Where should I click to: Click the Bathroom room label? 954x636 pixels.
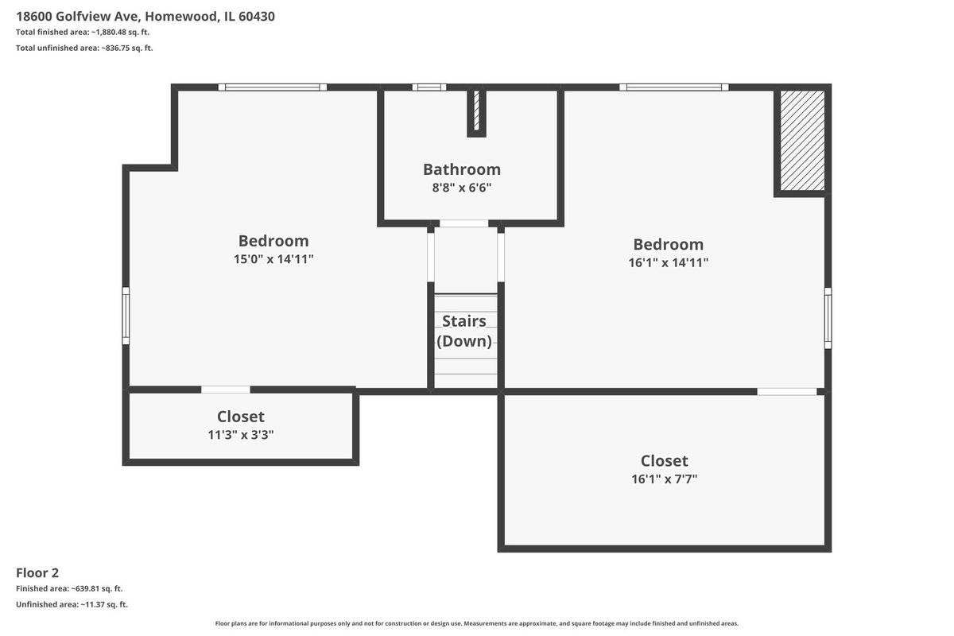point(462,169)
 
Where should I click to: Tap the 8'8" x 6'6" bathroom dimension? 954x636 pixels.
point(462,188)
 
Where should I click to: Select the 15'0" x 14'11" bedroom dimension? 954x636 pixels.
point(273,259)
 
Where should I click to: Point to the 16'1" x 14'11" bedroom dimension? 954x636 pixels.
point(669,262)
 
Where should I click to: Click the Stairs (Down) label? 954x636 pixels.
point(464,331)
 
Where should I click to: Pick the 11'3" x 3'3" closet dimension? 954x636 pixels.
point(241,435)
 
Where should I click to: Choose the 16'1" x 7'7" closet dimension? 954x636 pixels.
point(665,479)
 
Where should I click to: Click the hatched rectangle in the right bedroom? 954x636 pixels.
point(802,140)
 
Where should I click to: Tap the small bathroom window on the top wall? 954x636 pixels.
point(429,87)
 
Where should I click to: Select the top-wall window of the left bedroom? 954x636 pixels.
point(273,87)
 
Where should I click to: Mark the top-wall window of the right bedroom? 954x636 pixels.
point(674,87)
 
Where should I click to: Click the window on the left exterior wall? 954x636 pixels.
point(126,316)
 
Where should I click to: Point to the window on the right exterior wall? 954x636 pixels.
point(828,318)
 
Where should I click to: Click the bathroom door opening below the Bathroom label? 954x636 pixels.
point(463,223)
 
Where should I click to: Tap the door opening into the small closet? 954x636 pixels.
point(226,390)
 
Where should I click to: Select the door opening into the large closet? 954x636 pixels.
point(787,391)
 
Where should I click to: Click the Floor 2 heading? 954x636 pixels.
point(37,573)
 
